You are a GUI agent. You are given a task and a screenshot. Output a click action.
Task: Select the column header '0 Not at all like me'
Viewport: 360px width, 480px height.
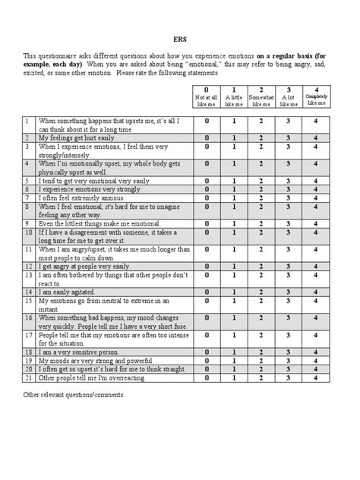click(207, 97)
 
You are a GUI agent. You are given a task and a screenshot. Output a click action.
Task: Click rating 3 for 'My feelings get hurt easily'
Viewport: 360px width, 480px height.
click(288, 138)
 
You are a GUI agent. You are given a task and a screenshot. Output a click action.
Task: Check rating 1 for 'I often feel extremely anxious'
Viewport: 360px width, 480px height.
click(234, 197)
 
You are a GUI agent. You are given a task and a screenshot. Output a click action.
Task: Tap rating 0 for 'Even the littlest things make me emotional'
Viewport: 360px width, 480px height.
click(207, 224)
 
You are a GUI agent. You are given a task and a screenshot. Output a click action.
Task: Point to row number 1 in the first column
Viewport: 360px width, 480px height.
click(27, 121)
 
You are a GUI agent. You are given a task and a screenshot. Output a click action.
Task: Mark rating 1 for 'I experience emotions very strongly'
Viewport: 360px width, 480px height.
click(234, 189)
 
